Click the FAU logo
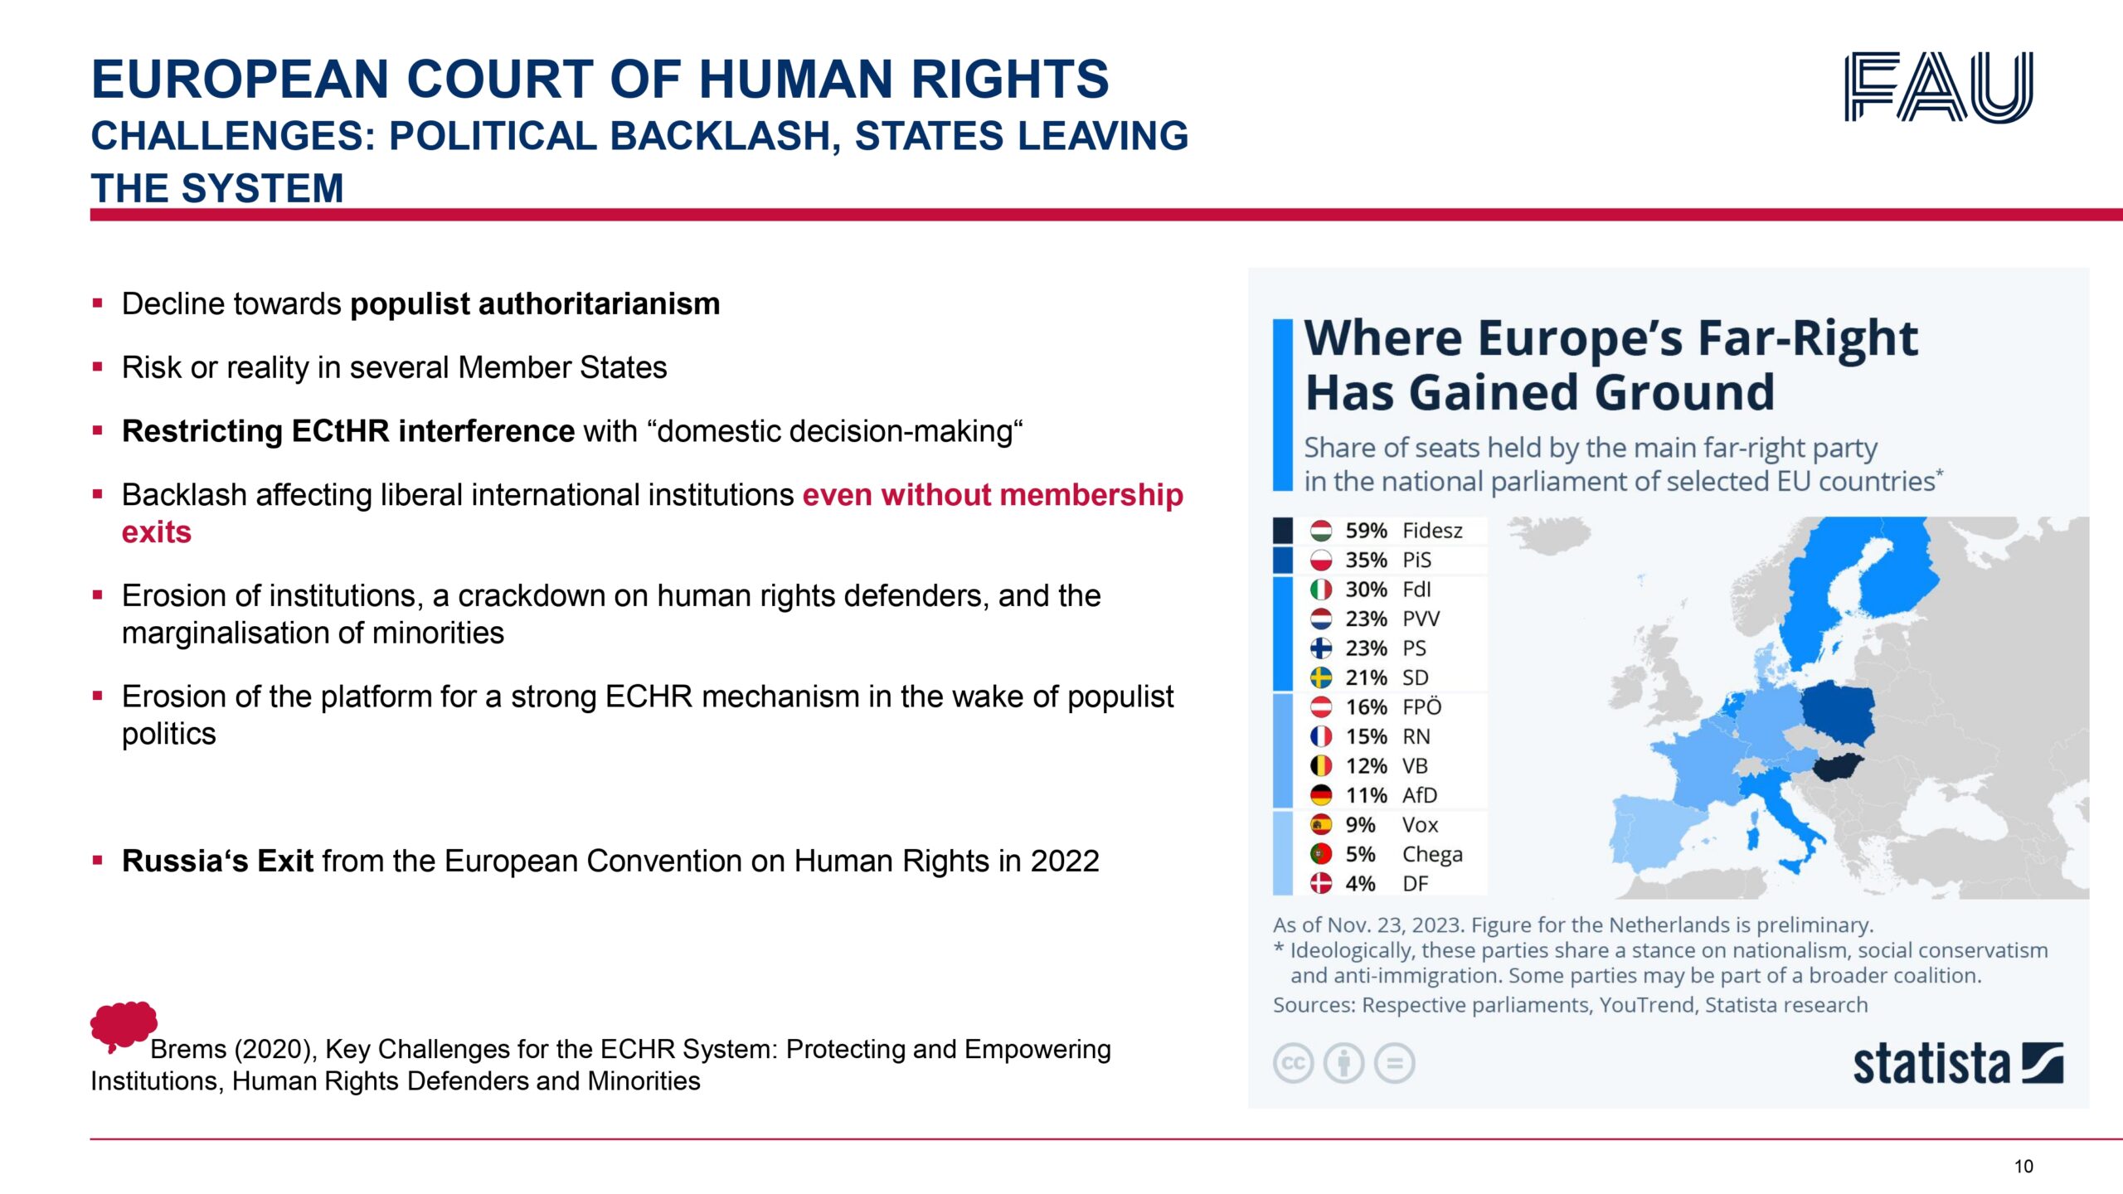(1939, 87)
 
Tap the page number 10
(2023, 1167)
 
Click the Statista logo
(1958, 1064)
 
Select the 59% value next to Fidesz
(1366, 531)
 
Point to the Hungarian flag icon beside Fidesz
(1321, 531)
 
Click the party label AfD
(1419, 795)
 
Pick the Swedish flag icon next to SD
(1321, 677)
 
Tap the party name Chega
(1432, 855)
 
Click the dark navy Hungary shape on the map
(1837, 767)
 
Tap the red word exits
(157, 532)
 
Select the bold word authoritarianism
(599, 303)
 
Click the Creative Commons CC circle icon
(1293, 1064)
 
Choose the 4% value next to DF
(1360, 884)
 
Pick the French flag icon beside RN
(1321, 736)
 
